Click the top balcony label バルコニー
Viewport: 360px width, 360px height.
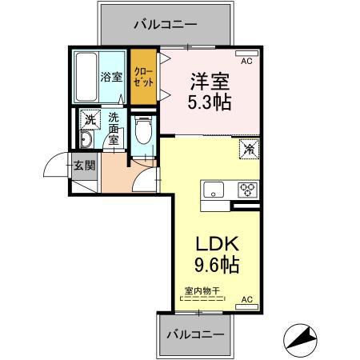[166, 24]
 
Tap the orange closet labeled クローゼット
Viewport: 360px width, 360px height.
[144, 78]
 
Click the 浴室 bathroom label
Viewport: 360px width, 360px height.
[110, 78]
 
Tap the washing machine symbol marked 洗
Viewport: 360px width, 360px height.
[90, 119]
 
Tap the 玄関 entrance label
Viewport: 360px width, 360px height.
[85, 166]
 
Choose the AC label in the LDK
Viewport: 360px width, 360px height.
[246, 299]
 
